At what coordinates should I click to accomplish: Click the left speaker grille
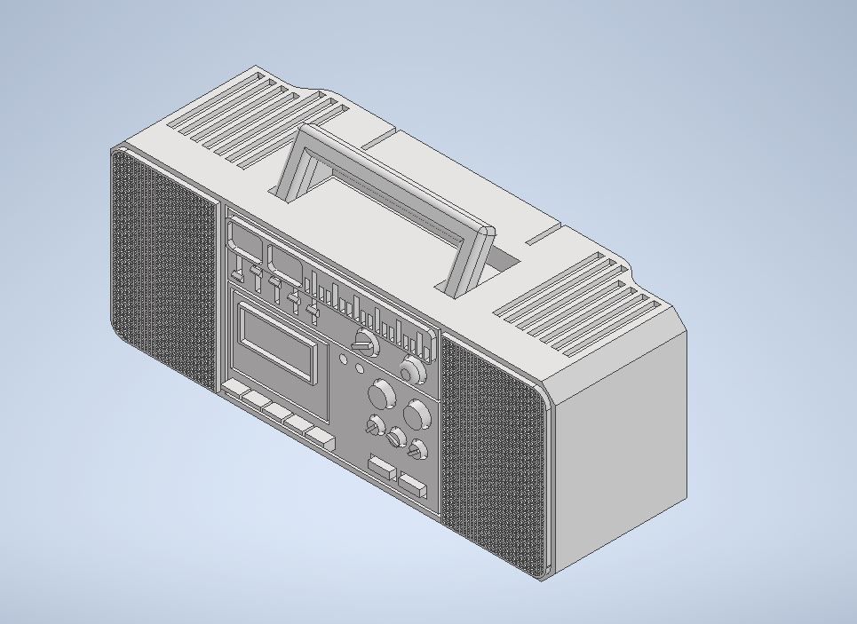pyautogui.click(x=164, y=266)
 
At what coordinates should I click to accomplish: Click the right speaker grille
pyautogui.click(x=493, y=453)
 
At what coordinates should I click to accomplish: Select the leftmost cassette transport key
pyautogui.click(x=235, y=391)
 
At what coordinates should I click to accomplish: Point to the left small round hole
pyautogui.click(x=345, y=359)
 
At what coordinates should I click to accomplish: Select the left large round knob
pyautogui.click(x=382, y=392)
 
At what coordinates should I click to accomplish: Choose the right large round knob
pyautogui.click(x=416, y=414)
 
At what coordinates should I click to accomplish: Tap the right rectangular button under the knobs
pyautogui.click(x=412, y=485)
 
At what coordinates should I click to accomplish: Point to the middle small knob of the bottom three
pyautogui.click(x=396, y=438)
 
